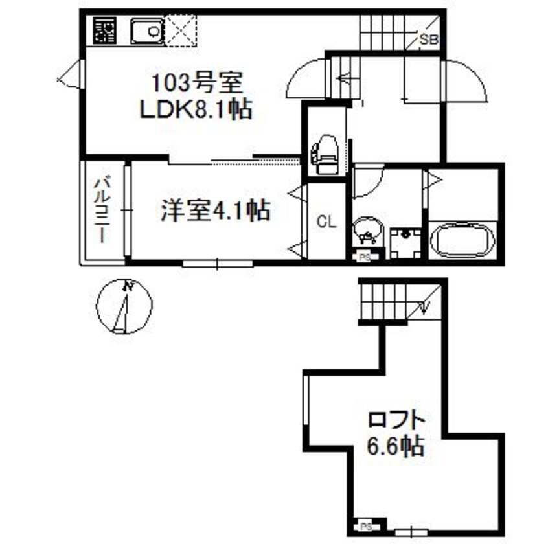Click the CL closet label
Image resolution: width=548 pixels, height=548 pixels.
point(326,223)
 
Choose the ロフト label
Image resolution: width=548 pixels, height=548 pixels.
point(396,419)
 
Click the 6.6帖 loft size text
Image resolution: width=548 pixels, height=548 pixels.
point(396,446)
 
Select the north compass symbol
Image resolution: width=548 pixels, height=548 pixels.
point(124,306)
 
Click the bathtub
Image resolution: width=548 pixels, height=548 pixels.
point(462,241)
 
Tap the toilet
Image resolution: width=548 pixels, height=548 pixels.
point(325,154)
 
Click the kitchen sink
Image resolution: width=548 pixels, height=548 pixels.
point(148,30)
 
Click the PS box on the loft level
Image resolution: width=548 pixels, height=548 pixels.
point(365,526)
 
